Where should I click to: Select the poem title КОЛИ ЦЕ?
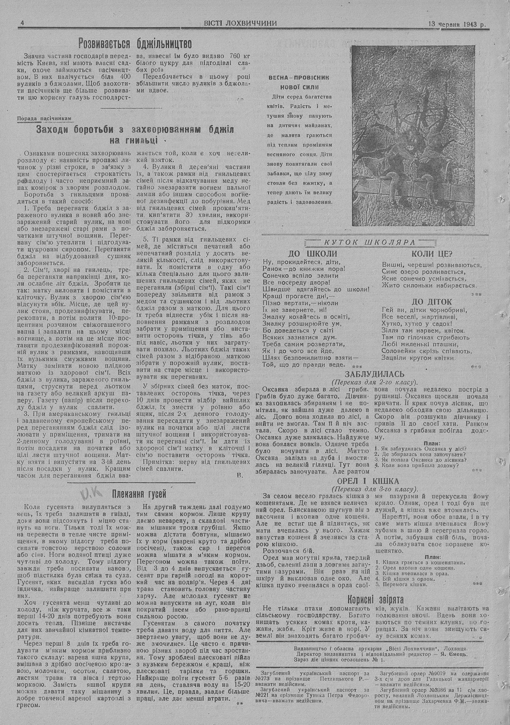click(x=432, y=254)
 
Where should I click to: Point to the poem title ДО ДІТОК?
click(x=431, y=302)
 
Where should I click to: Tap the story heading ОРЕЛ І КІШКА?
click(x=374, y=481)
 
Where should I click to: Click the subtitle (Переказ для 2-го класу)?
click(x=374, y=382)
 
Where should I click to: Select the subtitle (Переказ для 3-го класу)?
click(x=374, y=488)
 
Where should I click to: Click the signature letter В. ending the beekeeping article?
click(x=240, y=474)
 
